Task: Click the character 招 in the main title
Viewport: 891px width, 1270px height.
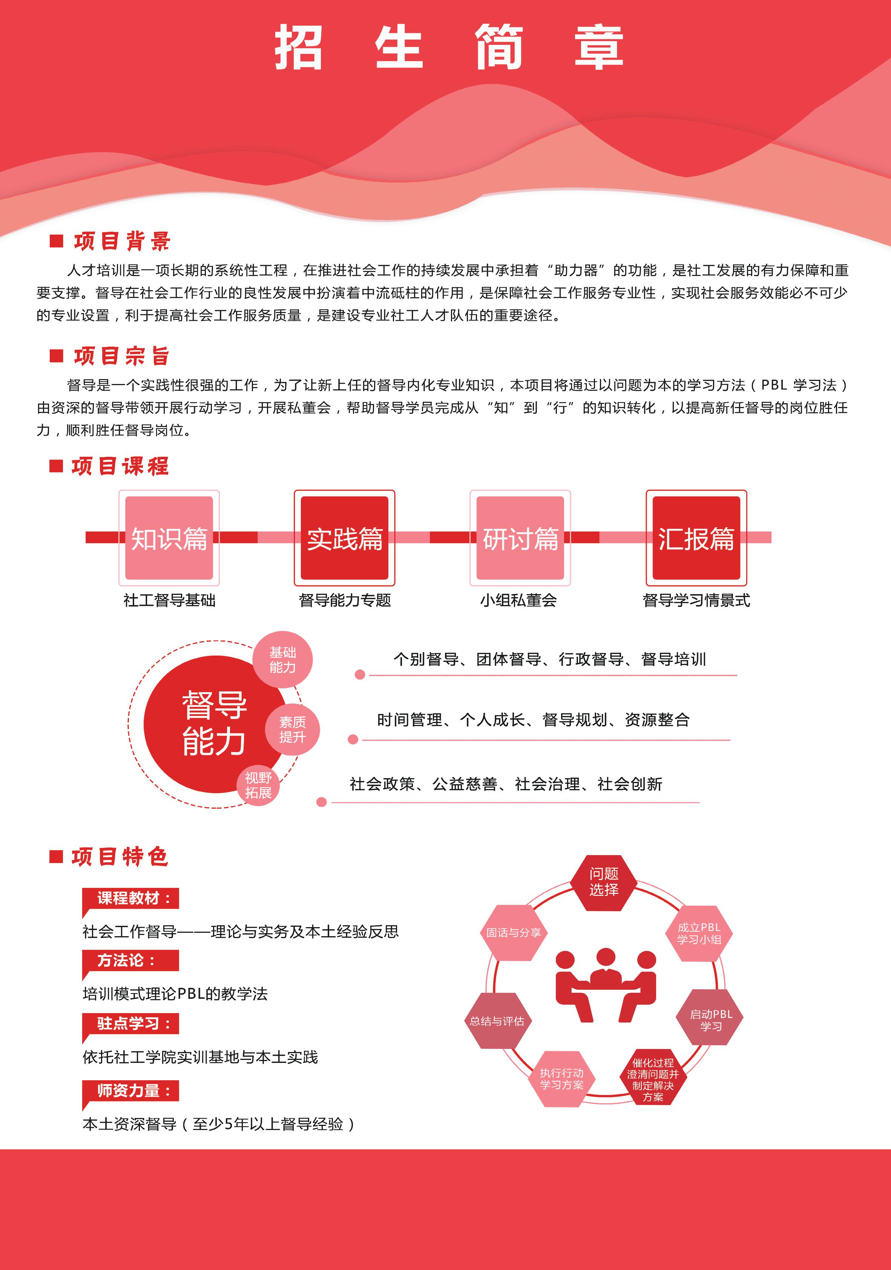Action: [x=299, y=47]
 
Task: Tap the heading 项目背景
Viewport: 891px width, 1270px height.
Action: [x=122, y=241]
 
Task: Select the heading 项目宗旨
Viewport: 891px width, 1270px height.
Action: [x=122, y=356]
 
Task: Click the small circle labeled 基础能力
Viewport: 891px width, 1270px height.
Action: [x=283, y=660]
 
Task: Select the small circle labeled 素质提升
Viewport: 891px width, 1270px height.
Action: [x=293, y=729]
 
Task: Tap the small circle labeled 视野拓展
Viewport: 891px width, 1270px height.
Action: [x=258, y=785]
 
